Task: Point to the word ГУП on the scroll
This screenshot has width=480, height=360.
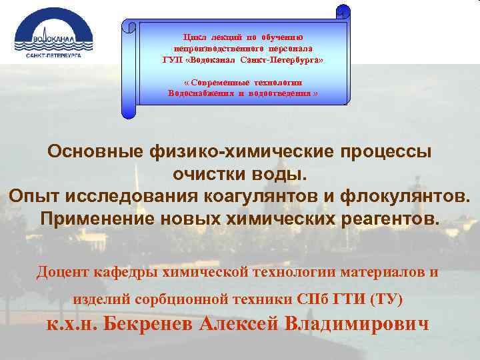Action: tap(172, 60)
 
